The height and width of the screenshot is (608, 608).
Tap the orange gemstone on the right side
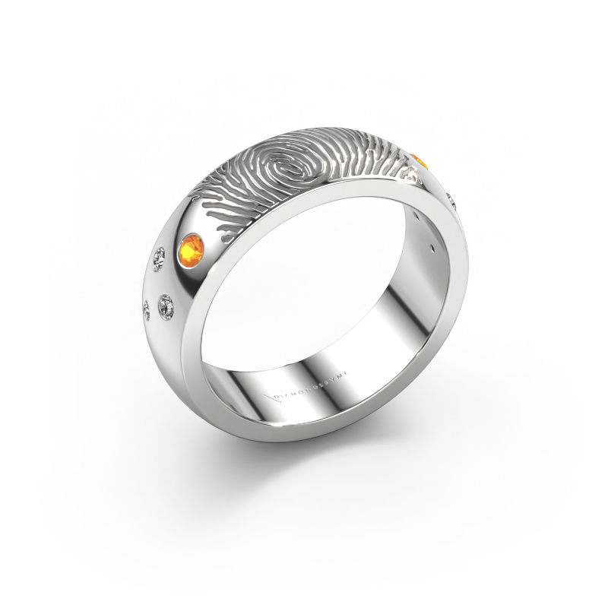pyautogui.click(x=420, y=161)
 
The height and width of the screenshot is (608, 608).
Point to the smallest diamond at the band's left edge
pyautogui.click(x=147, y=308)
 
